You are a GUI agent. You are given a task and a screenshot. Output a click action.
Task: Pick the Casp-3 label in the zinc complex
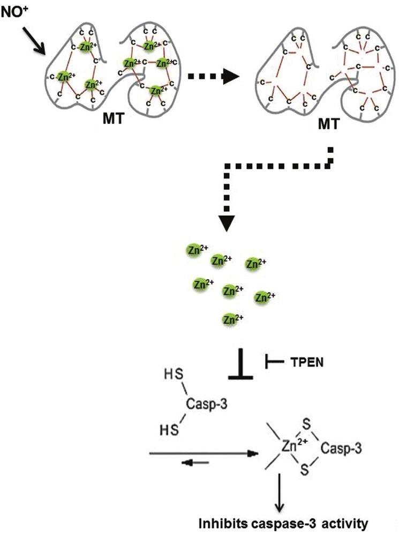pyautogui.click(x=341, y=449)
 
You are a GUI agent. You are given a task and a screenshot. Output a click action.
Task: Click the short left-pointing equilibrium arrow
pyautogui.click(x=195, y=464)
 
